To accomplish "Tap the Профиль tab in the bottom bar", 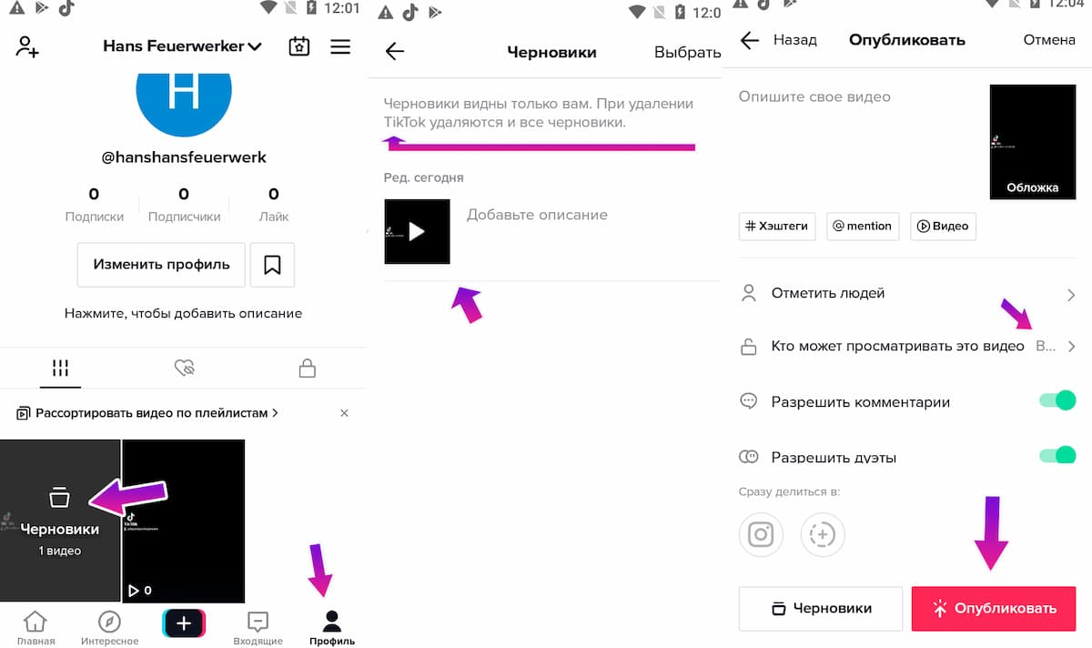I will click(331, 627).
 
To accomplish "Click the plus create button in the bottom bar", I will click(184, 623).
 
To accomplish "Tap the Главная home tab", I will click(35, 627).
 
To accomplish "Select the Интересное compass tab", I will click(109, 627).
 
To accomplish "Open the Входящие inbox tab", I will click(258, 627).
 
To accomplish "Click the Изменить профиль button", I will click(161, 265).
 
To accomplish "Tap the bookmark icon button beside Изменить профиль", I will click(272, 265).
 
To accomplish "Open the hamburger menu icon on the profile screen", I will click(340, 46).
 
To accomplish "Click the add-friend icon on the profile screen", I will click(27, 47).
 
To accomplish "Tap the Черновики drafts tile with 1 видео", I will click(60, 521).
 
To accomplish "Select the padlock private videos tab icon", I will click(308, 368).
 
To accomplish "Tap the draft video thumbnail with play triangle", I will click(417, 231).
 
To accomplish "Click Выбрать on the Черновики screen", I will click(687, 52).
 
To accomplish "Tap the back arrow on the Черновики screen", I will click(395, 52).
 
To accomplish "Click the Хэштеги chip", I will click(777, 226).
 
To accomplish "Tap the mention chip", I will click(863, 226).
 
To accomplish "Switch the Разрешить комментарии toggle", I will click(1057, 400).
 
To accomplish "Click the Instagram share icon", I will click(761, 534).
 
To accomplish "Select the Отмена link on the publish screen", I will click(1048, 40).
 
